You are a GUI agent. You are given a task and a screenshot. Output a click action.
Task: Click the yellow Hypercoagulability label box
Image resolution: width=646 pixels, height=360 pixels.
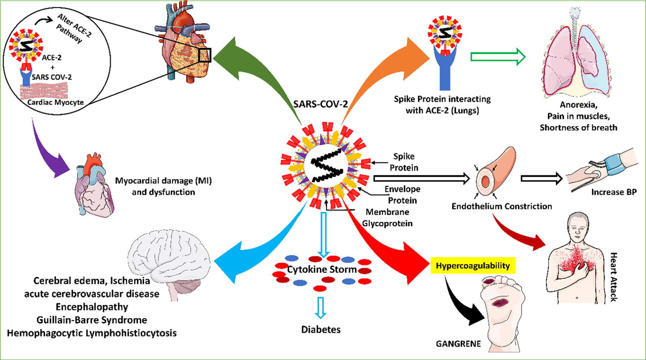pos(473,266)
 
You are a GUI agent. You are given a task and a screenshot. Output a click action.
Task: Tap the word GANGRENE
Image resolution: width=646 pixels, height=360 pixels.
pos(458,344)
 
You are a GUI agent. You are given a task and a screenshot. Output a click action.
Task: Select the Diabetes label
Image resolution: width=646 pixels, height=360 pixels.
pos(321,329)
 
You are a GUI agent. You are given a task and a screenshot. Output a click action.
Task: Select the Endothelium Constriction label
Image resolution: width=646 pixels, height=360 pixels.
pos(501,206)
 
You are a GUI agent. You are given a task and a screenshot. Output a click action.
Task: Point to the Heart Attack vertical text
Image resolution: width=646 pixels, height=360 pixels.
pos(613,276)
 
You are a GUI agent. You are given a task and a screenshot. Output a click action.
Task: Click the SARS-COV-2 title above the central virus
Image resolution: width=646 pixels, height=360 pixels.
pos(321,104)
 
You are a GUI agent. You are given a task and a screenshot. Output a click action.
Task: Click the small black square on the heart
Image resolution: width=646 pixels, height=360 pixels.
pos(205,55)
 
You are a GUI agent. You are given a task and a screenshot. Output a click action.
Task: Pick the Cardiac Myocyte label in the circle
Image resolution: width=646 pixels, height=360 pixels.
pos(56,102)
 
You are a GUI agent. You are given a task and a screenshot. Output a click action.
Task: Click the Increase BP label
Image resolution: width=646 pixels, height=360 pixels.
pos(613,192)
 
